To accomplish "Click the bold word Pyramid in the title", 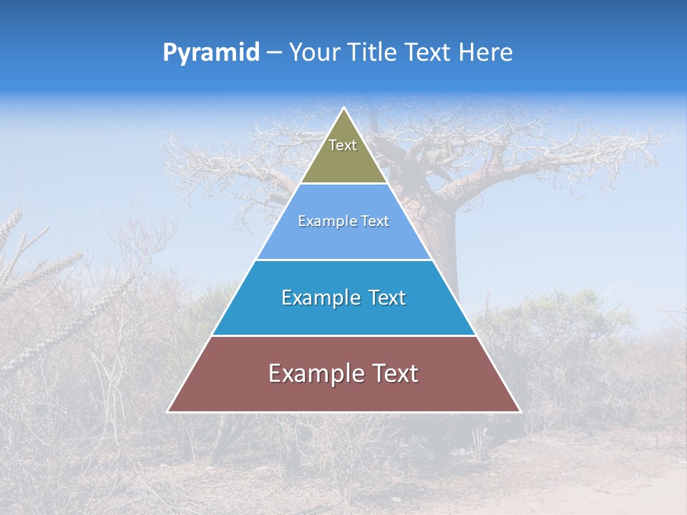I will click(x=211, y=53).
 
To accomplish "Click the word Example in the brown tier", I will click(x=312, y=374).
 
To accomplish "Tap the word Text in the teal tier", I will click(x=386, y=298).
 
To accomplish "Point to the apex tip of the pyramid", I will click(x=343, y=109).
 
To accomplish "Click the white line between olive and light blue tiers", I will click(x=343, y=184).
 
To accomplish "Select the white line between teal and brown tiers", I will click(x=343, y=335).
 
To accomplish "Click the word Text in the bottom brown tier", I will click(x=392, y=374).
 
